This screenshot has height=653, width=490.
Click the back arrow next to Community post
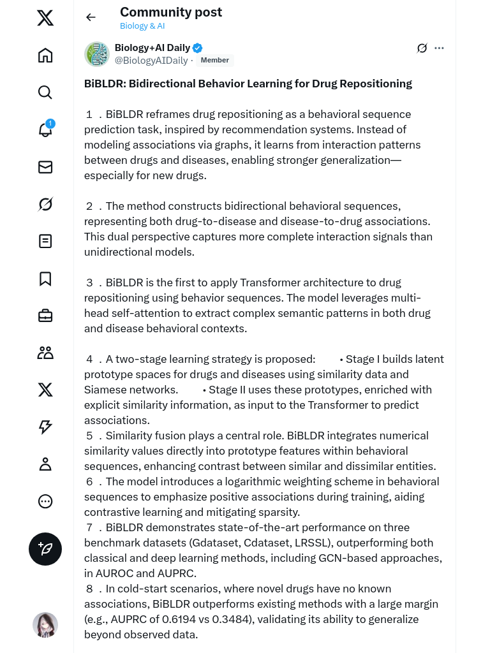(91, 17)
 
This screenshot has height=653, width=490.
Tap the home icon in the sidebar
(45, 55)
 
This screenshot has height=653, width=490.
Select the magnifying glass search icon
(45, 92)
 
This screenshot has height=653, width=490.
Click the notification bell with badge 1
(45, 129)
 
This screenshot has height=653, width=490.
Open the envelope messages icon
(45, 167)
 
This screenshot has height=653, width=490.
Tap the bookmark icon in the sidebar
(45, 279)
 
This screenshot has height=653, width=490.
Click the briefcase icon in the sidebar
(45, 316)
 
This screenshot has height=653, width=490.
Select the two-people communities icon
(45, 353)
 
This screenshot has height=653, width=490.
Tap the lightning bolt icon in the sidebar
(45, 427)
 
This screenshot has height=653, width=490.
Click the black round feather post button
(45, 549)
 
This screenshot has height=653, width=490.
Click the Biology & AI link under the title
(143, 26)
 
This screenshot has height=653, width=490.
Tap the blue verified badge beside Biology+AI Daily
(198, 48)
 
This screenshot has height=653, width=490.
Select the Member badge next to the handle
(215, 61)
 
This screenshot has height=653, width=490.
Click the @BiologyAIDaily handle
(151, 61)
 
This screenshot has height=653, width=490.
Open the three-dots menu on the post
(439, 48)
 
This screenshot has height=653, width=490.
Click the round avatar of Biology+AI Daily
(97, 54)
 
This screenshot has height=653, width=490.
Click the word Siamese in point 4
(104, 390)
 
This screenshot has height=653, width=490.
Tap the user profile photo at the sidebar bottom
(45, 625)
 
